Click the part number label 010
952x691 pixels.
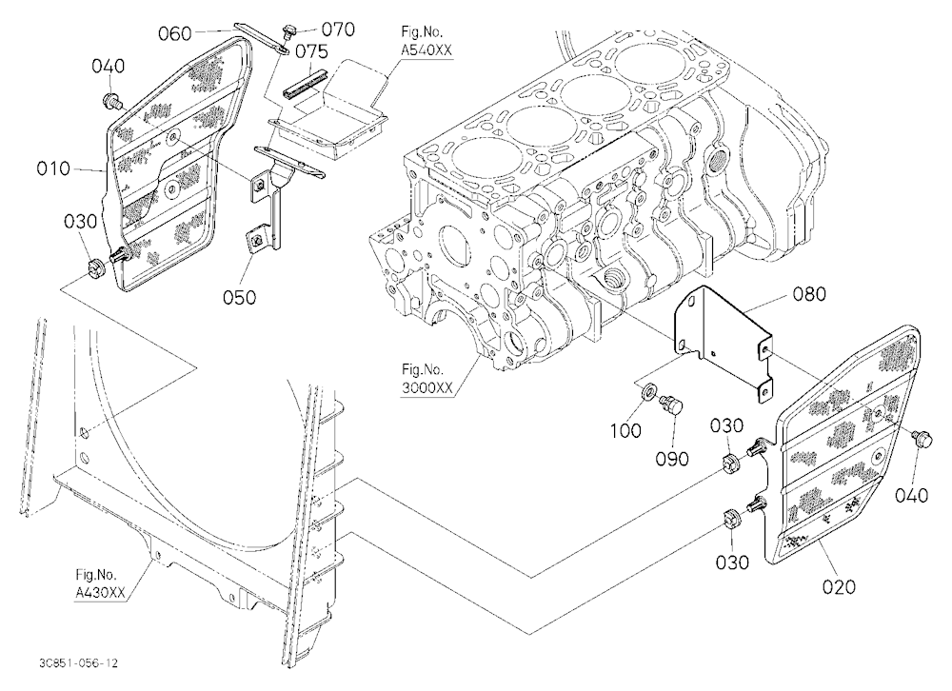pyautogui.click(x=53, y=168)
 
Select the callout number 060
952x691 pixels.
pyautogui.click(x=175, y=33)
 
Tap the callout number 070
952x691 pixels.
pyautogui.click(x=338, y=30)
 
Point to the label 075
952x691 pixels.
pyautogui.click(x=311, y=51)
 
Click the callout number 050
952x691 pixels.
pyautogui.click(x=239, y=298)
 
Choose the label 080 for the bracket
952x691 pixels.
pyautogui.click(x=809, y=294)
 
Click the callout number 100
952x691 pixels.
pyautogui.click(x=625, y=430)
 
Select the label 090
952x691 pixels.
pyautogui.click(x=672, y=459)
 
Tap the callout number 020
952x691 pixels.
pyautogui.click(x=839, y=586)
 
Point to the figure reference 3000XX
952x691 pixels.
pyautogui.click(x=426, y=387)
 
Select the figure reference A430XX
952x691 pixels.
pyautogui.click(x=100, y=593)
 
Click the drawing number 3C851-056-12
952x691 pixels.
pyautogui.click(x=78, y=663)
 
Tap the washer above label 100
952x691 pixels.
pyautogui.click(x=647, y=391)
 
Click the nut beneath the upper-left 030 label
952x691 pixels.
pyautogui.click(x=95, y=267)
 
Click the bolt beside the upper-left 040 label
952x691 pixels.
pyautogui.click(x=111, y=100)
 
